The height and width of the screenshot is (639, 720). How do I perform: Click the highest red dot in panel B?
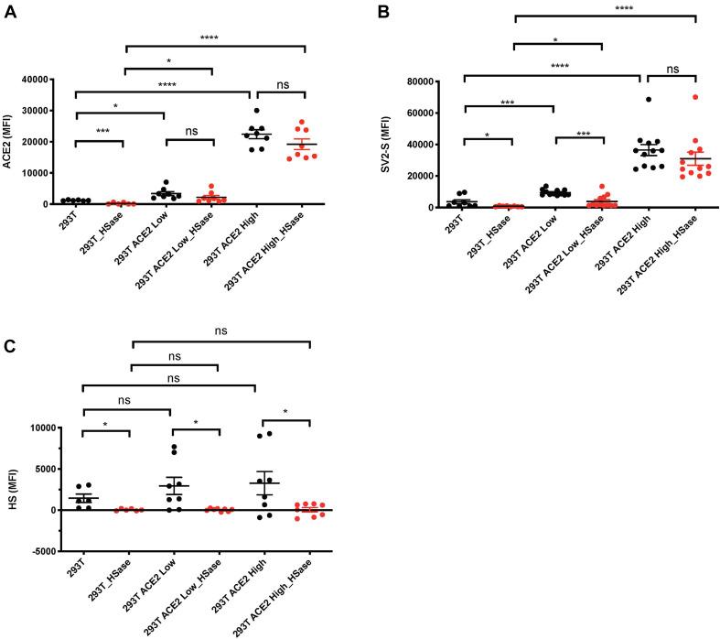click(695, 97)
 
